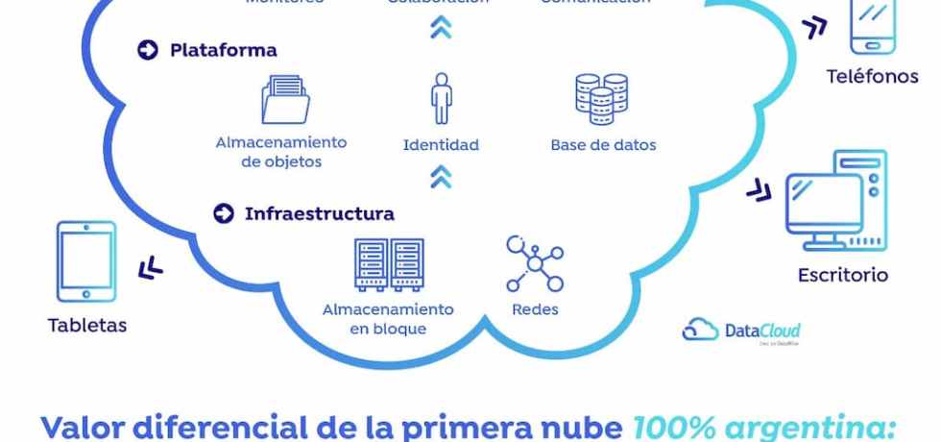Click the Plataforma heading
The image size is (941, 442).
pos(223,50)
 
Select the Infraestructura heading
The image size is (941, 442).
pos(319,213)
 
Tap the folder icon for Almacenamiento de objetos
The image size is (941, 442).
pos(285,101)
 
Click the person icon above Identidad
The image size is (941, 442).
pos(441,99)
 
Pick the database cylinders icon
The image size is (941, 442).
pos(601,100)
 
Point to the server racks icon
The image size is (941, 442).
pos(388,264)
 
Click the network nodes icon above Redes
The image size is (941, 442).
pos(534,262)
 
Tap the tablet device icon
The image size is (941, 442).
pos(86,261)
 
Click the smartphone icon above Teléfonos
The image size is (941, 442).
pos(872,27)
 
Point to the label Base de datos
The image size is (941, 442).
pos(603,145)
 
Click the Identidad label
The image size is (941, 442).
pos(441,145)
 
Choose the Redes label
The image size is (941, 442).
pos(535,309)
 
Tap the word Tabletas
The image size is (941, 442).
pos(86,326)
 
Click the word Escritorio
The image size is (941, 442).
pos(842,276)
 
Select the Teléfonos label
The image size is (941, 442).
pos(872,76)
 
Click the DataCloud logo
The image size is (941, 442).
pos(741,331)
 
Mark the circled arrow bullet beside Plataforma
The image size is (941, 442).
pos(147,50)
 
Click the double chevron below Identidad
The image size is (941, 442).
pos(441,176)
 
